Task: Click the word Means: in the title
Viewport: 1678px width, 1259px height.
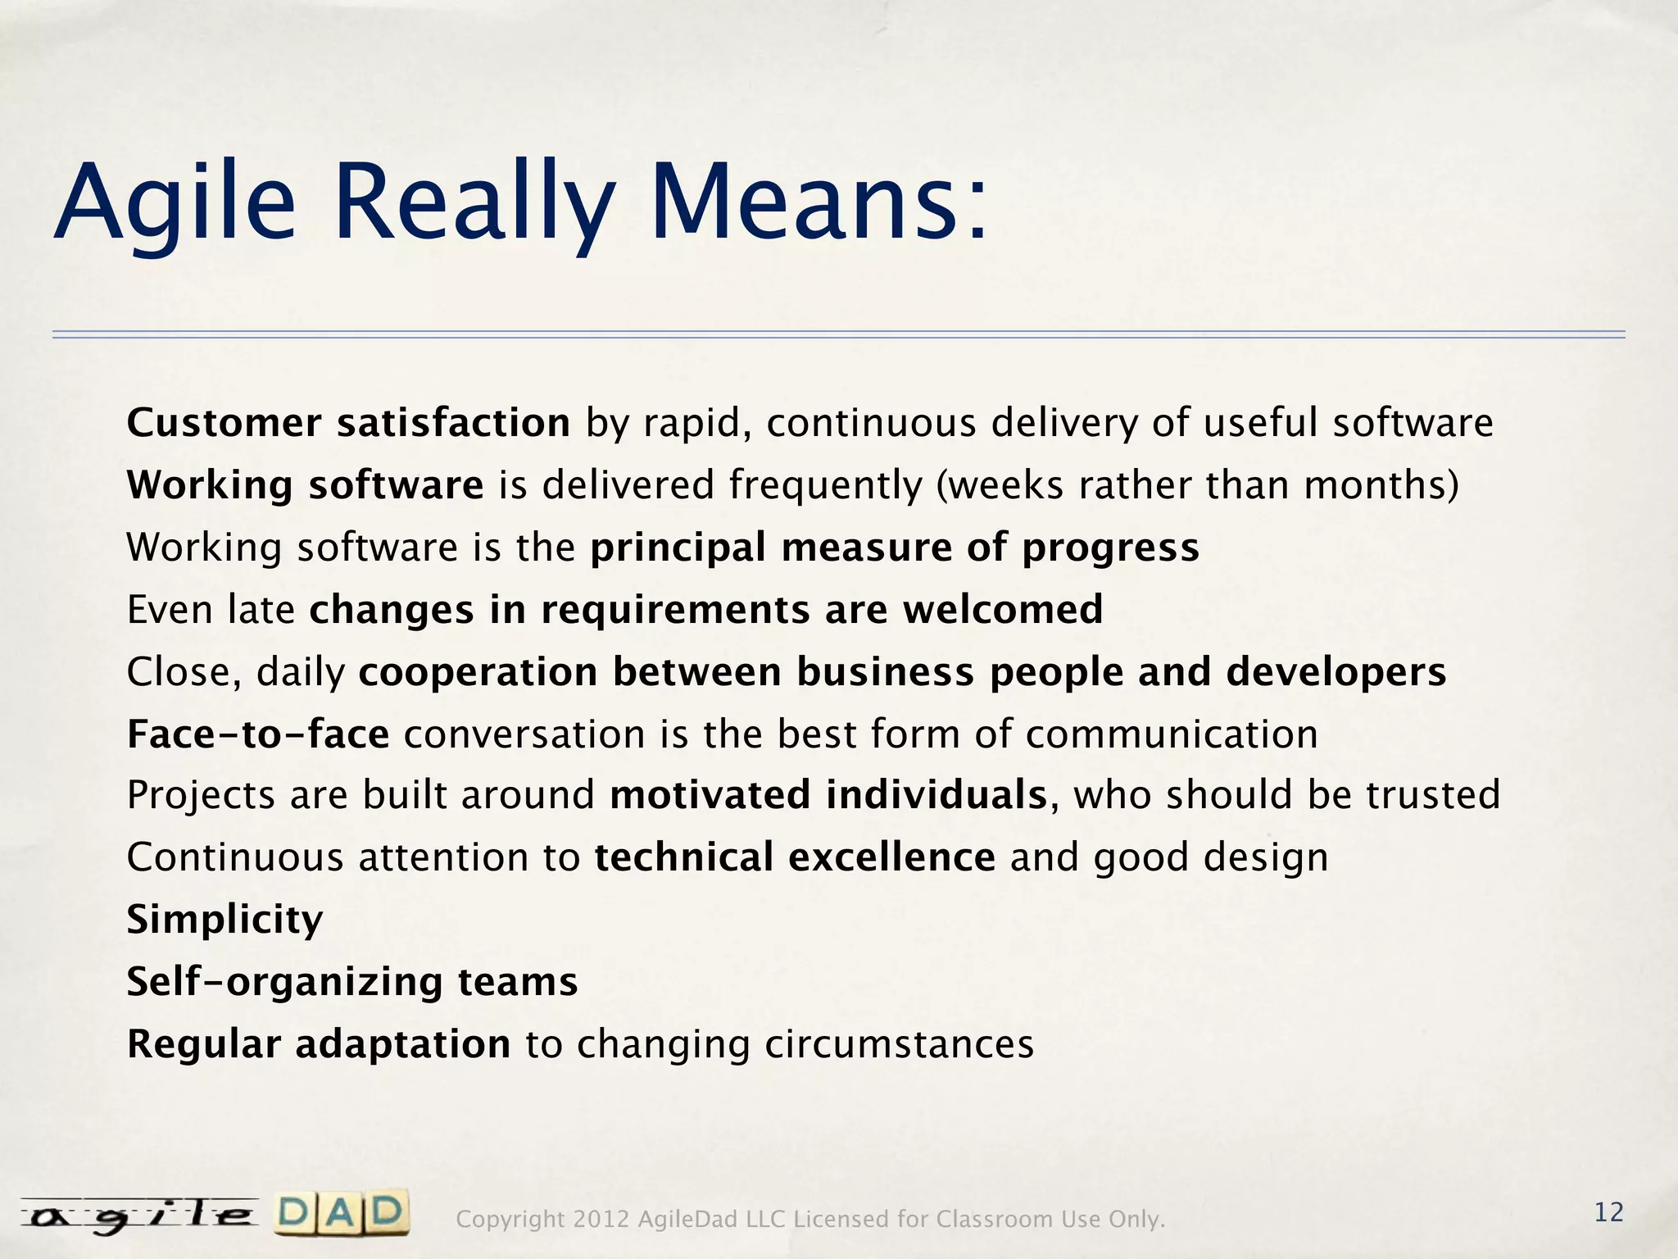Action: coord(819,202)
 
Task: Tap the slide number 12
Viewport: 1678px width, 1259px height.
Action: coord(1608,1212)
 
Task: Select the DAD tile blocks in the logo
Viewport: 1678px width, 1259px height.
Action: coord(342,1214)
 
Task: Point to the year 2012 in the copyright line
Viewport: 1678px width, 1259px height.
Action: coord(601,1220)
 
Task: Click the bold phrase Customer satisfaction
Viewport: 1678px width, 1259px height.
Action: coord(348,424)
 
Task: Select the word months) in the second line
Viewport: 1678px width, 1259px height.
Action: coord(1381,485)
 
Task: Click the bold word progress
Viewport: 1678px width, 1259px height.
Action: coord(1110,548)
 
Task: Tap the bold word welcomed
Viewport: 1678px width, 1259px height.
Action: coord(1003,610)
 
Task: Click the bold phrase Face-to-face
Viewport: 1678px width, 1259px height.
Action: coord(258,734)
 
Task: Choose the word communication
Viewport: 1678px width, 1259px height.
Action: coord(1172,734)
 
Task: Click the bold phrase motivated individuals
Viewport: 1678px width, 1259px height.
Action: coord(828,795)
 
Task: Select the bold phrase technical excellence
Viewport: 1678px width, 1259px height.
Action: coord(795,857)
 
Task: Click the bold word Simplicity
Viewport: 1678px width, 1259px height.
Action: coord(224,920)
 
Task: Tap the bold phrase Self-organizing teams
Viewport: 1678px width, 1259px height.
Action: coord(352,982)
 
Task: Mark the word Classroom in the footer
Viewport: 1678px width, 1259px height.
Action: coord(995,1220)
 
